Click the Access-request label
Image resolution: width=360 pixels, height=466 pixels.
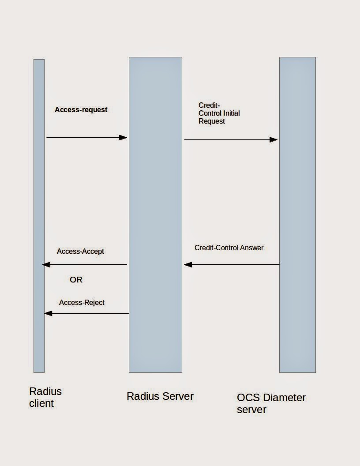pyautogui.click(x=81, y=109)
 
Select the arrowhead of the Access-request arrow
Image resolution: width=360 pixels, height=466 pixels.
pyautogui.click(x=124, y=138)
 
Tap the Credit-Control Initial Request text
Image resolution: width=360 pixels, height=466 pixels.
pyautogui.click(x=219, y=113)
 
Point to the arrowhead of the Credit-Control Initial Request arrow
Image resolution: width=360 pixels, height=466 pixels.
pyautogui.click(x=274, y=140)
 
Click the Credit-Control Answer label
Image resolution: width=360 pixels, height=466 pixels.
pyautogui.click(x=229, y=248)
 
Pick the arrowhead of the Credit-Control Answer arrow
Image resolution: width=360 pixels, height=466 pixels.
pyautogui.click(x=188, y=265)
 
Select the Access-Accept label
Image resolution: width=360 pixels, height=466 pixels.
pyautogui.click(x=80, y=251)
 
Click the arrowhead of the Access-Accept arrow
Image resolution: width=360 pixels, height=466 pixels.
pyautogui.click(x=46, y=265)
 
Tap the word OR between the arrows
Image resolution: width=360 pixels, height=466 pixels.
pyautogui.click(x=76, y=280)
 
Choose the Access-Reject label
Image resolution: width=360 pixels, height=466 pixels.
pyautogui.click(x=82, y=302)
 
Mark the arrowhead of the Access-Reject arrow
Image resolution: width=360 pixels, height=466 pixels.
pyautogui.click(x=48, y=313)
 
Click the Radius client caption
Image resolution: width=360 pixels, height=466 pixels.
pyautogui.click(x=45, y=397)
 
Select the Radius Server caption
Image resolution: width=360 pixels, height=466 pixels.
pyautogui.click(x=160, y=396)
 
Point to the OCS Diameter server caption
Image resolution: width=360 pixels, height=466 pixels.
pyautogui.click(x=271, y=403)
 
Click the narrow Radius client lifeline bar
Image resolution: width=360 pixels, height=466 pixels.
pyautogui.click(x=39, y=199)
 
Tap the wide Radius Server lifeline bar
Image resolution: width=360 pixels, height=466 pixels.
pyautogui.click(x=155, y=199)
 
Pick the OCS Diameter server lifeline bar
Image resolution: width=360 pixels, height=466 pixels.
pyautogui.click(x=297, y=199)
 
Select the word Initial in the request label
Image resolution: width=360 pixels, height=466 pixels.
pyautogui.click(x=232, y=113)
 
